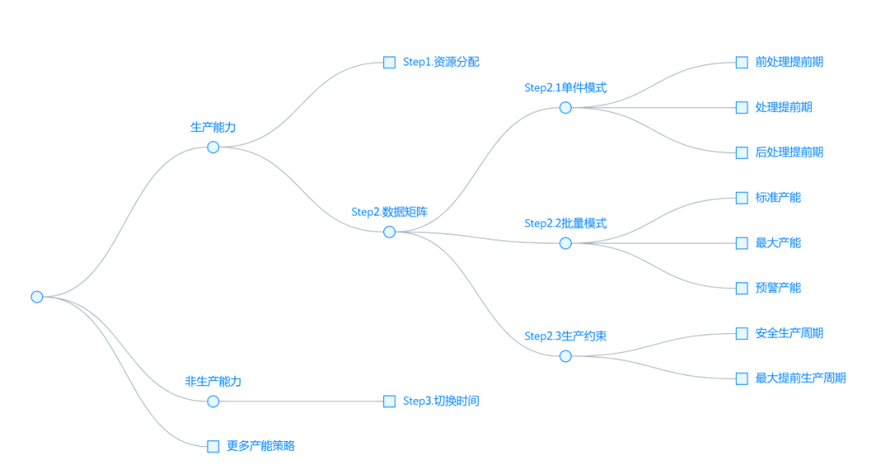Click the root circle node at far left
click(36, 296)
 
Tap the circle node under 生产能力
click(213, 147)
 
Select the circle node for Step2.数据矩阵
click(389, 232)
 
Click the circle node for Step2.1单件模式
click(565, 108)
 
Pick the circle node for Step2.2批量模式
click(565, 243)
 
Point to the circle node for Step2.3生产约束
click(565, 356)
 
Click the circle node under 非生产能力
click(213, 402)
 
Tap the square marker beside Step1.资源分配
click(389, 63)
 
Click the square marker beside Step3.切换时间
click(389, 402)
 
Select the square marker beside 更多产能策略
click(213, 446)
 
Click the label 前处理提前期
click(789, 62)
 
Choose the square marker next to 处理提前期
click(741, 108)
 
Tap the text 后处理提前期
click(789, 152)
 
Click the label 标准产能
click(778, 197)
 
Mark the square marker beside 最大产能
click(741, 243)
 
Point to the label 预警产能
click(778, 288)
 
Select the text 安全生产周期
click(789, 333)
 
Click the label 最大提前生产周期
click(800, 379)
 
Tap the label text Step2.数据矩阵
click(389, 211)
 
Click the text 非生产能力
click(213, 382)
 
